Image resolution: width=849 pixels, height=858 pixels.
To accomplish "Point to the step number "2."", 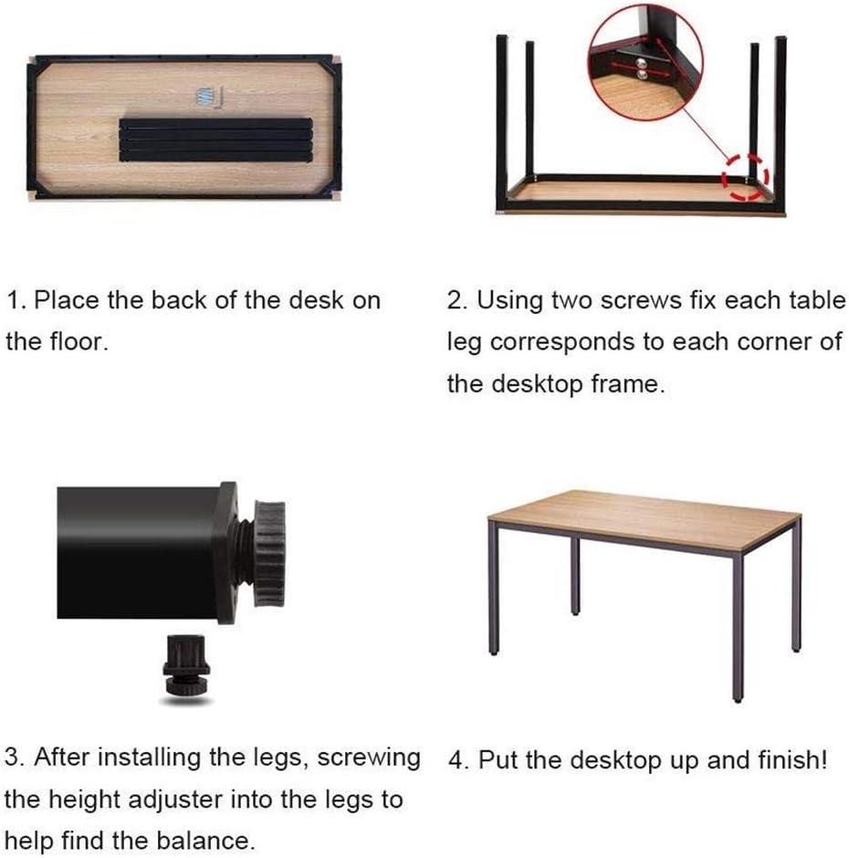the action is click(457, 300).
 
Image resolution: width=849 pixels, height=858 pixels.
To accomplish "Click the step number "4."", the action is click(458, 760).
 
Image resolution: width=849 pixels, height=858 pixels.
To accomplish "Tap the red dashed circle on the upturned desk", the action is click(746, 177).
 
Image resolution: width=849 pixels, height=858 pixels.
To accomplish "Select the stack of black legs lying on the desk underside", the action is click(216, 140).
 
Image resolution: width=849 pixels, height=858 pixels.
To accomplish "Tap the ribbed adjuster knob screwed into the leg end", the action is click(268, 555).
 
